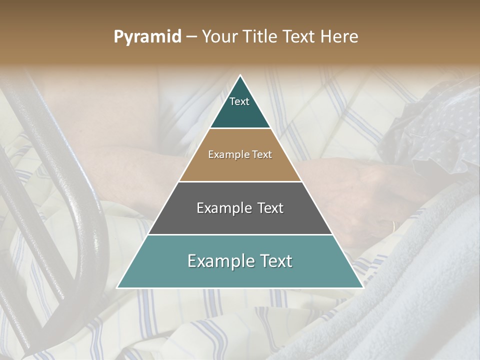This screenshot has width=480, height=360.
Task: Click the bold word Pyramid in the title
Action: point(147,37)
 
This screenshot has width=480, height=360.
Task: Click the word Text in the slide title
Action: point(300,37)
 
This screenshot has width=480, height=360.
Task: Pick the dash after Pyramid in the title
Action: point(191,37)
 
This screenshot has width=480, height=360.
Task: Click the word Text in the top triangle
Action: point(239,101)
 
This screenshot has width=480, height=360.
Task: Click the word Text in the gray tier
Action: point(270,208)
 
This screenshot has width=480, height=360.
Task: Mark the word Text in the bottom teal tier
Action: point(275,261)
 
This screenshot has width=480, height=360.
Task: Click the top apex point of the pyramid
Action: point(240,75)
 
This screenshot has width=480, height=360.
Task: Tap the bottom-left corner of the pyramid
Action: point(117,287)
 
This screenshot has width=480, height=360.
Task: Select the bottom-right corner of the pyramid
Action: point(363,287)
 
